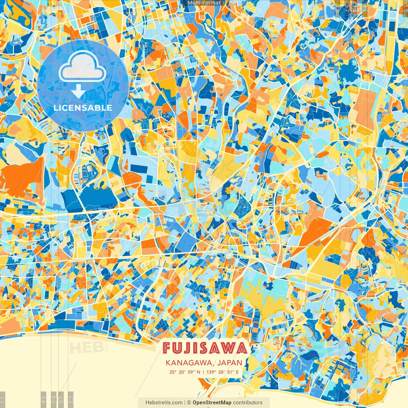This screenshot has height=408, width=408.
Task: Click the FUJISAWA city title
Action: point(205,348)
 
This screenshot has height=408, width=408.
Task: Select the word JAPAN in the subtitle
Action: point(230,363)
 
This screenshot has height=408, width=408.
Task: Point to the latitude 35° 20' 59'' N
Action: point(185,372)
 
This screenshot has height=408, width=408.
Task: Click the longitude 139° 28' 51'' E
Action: point(222,372)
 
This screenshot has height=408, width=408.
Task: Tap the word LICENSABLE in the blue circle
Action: point(83,108)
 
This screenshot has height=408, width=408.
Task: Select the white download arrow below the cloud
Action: point(78,92)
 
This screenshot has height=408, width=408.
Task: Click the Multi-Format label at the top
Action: point(204,3)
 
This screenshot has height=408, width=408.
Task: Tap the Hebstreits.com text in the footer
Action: point(164,403)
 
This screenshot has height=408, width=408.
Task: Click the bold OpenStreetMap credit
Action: point(212,403)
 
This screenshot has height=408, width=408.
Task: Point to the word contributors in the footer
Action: point(248,403)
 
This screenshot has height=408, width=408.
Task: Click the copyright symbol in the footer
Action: point(189,403)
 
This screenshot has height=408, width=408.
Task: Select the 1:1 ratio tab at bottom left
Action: point(3,399)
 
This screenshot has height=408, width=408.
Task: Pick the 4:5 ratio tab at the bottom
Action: point(44,399)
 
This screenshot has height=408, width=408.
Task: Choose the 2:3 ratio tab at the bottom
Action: point(71,399)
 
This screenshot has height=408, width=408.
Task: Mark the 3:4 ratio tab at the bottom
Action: point(54,399)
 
